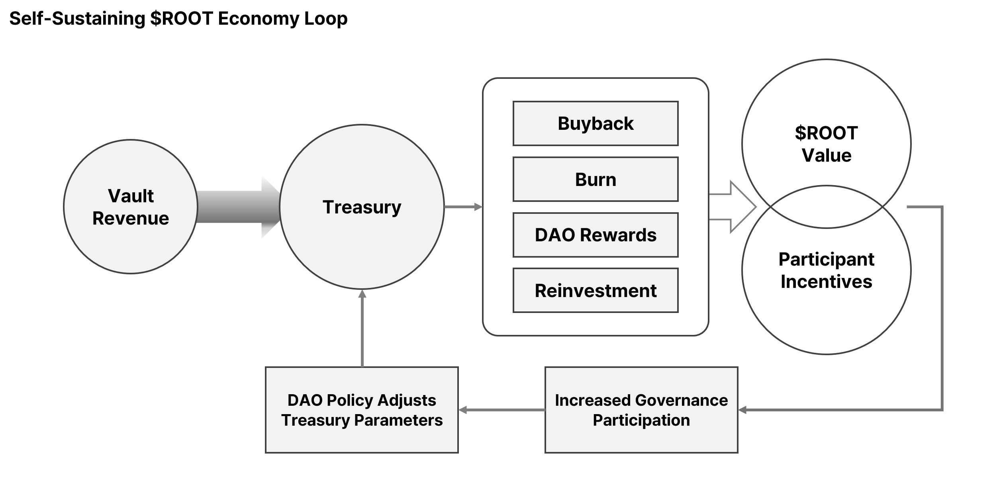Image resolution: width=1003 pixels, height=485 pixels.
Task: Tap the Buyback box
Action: point(595,123)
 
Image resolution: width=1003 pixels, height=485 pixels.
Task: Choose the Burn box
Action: point(595,179)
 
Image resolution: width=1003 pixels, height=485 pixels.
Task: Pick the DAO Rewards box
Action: point(595,235)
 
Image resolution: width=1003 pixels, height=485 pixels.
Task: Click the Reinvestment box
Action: point(595,290)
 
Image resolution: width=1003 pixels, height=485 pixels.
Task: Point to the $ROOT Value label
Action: point(826,144)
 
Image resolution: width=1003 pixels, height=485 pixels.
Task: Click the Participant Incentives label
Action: point(826,270)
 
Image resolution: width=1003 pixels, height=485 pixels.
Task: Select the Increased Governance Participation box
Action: point(641,410)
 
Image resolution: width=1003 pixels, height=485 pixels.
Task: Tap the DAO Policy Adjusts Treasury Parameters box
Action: point(362,410)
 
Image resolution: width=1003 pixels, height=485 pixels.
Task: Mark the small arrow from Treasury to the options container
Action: point(463,207)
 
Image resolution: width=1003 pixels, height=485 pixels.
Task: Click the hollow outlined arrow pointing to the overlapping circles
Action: point(737,207)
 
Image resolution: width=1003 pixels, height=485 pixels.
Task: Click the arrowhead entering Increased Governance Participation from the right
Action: point(742,410)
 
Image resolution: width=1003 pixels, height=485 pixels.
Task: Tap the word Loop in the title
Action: point(325,18)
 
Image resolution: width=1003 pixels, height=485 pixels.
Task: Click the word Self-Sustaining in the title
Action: point(77,18)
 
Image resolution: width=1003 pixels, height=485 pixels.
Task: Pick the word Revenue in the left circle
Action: point(130,218)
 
